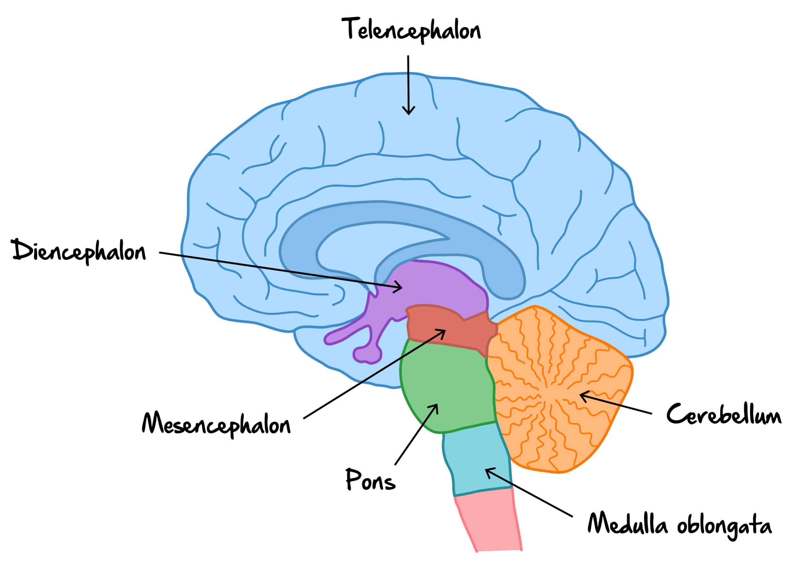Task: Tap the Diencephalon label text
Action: (x=79, y=251)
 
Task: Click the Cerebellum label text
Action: (x=723, y=414)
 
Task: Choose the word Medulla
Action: (x=627, y=524)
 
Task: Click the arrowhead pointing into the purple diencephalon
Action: (x=400, y=287)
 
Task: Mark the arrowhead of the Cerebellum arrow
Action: (x=582, y=395)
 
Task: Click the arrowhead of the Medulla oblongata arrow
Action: (x=487, y=470)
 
